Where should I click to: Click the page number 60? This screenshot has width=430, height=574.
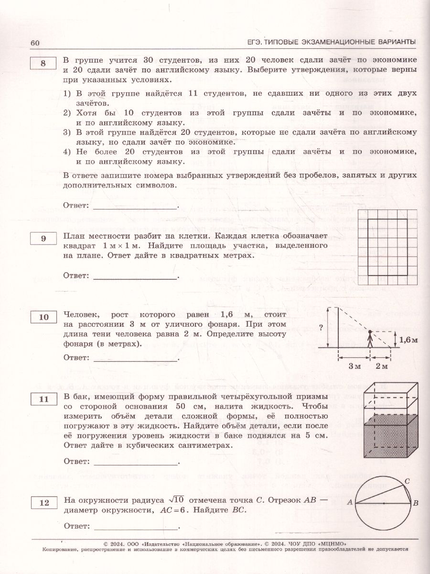34,43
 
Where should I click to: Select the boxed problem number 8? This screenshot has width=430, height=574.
43,65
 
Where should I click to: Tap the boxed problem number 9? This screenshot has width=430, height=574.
43,238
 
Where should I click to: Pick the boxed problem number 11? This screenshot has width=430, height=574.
43,398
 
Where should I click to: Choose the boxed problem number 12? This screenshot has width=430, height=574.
43,503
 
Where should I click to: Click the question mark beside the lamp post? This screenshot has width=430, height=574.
321,328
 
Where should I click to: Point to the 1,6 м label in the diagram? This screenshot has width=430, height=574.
408,341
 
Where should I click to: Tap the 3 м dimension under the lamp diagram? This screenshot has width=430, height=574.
354,366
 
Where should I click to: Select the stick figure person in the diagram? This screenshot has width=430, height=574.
370,339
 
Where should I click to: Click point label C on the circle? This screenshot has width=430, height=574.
407,481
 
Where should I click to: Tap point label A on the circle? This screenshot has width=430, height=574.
350,503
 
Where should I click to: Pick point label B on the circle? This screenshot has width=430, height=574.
416,503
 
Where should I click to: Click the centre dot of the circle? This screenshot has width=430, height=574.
385,503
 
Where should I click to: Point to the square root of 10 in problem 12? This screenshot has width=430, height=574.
177,499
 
